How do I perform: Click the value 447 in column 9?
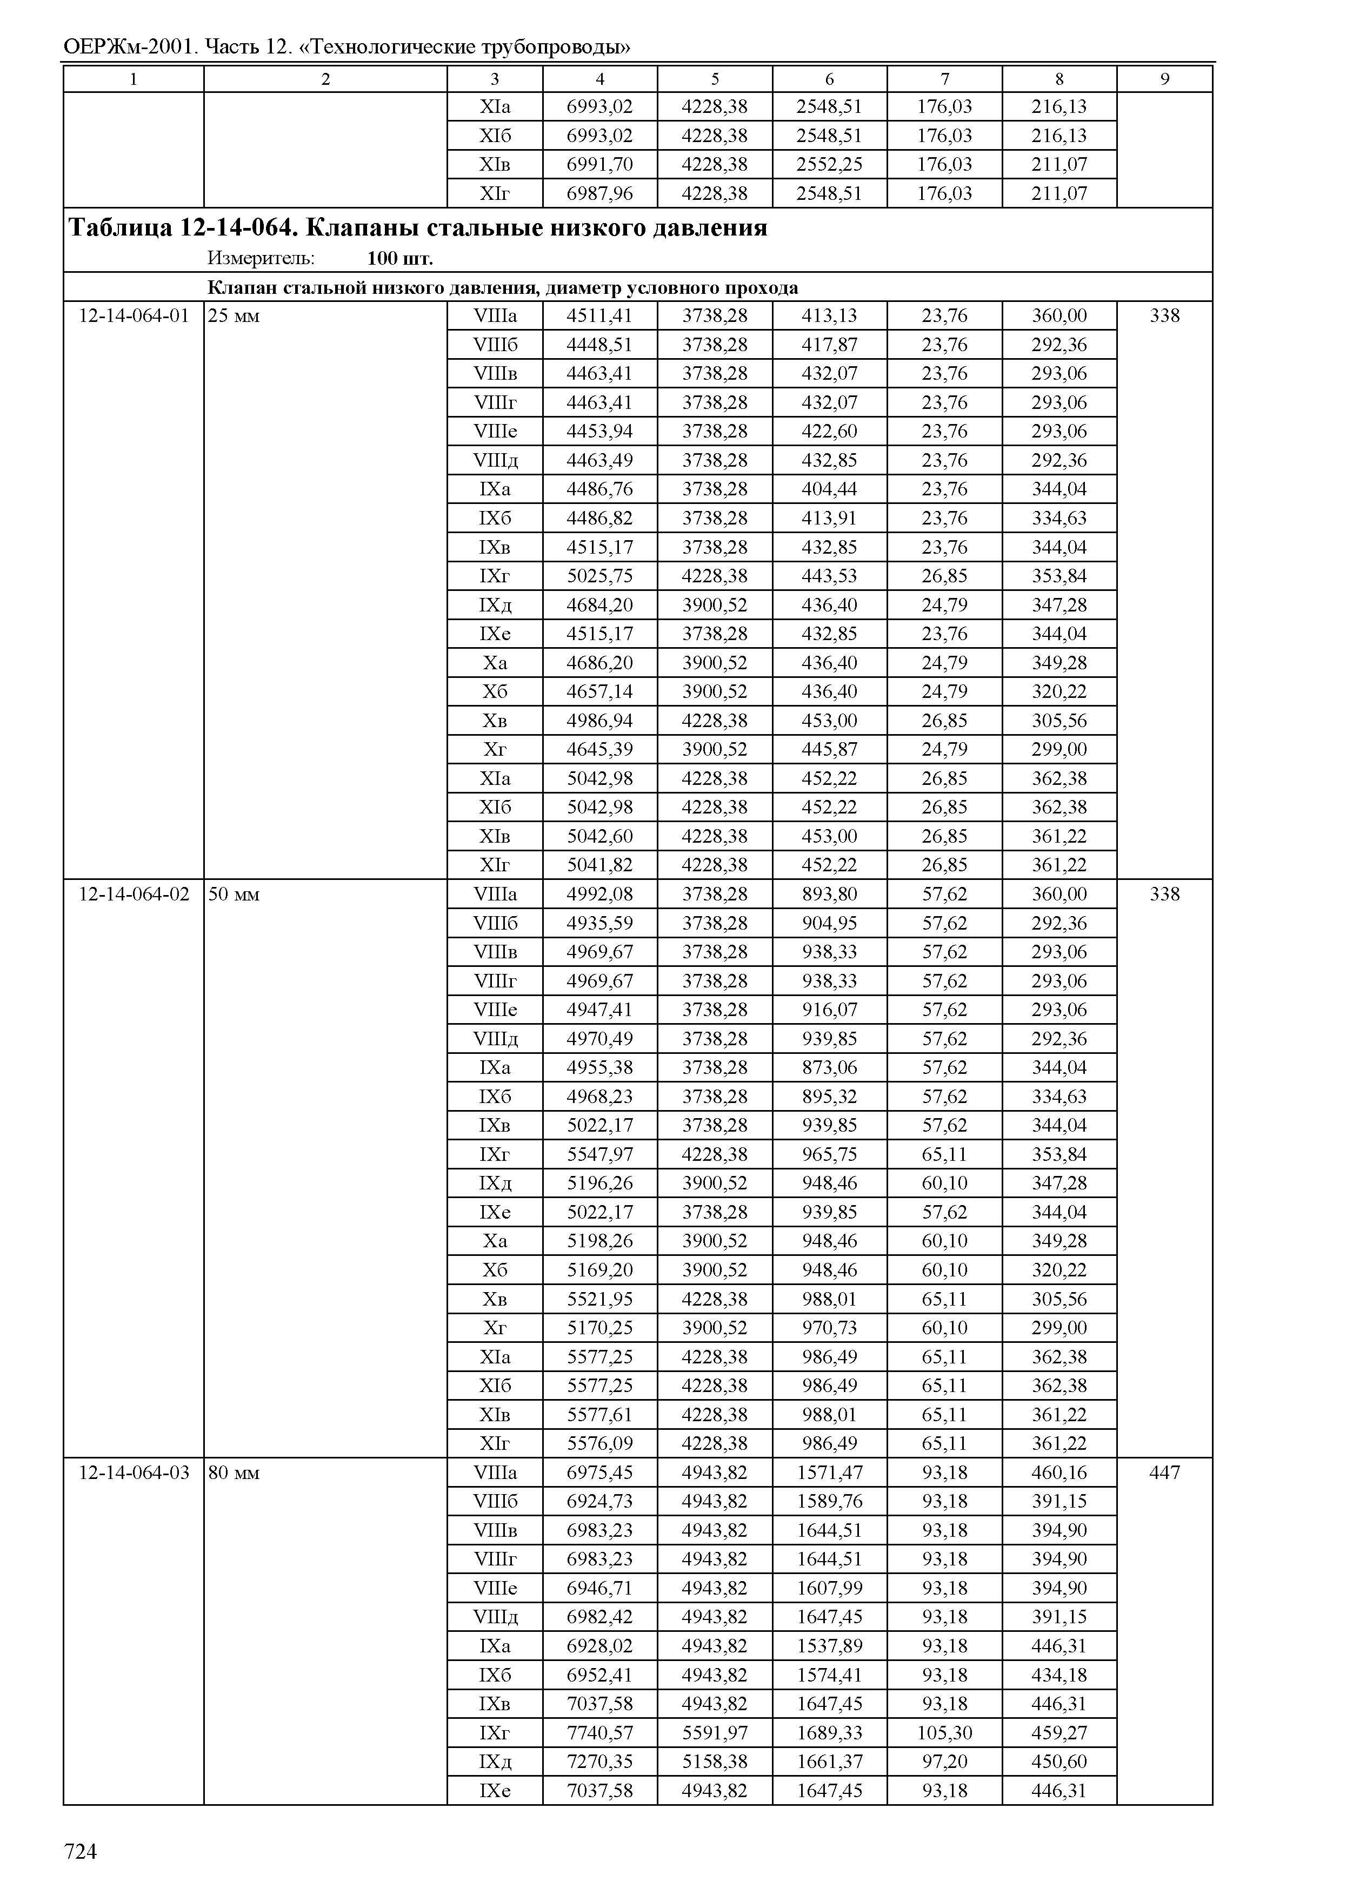coord(1164,1473)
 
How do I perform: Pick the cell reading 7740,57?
coord(599,1733)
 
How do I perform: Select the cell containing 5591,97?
coord(715,1733)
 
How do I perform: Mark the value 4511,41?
coord(599,315)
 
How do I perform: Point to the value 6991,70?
coord(599,164)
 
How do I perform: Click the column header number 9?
coord(1164,79)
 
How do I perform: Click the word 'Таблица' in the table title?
coord(119,228)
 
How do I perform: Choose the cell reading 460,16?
coord(1058,1473)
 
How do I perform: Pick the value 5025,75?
coord(599,576)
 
